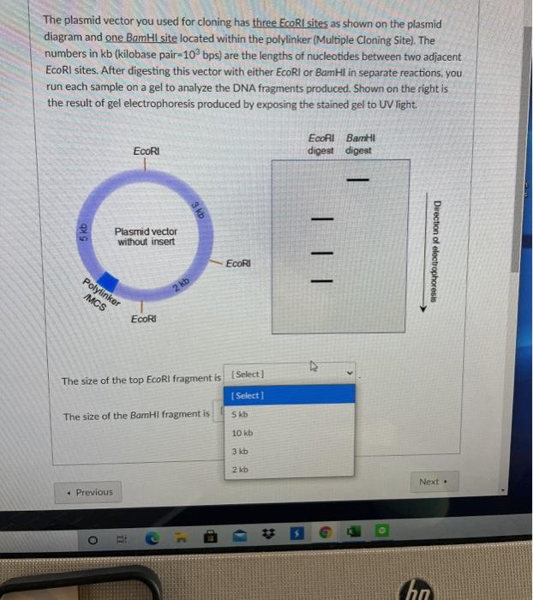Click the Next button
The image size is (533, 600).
[433, 482]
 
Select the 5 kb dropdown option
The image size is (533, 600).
[239, 414]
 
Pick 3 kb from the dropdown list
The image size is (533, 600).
[239, 451]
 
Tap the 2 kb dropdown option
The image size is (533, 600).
[239, 470]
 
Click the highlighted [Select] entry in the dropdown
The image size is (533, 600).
[249, 395]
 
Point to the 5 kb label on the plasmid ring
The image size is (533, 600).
[83, 231]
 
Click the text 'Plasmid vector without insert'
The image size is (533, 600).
[146, 237]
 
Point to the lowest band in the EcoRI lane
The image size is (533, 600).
[322, 279]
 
